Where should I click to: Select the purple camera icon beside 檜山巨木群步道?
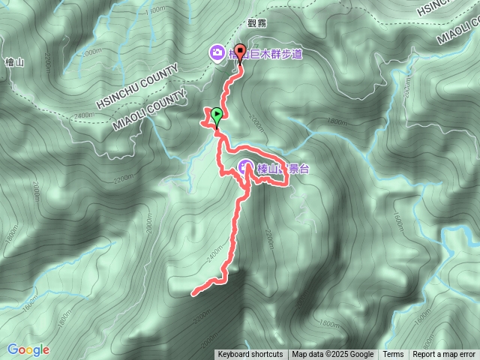coord(216,52)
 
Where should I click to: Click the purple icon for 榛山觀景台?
coord(245,167)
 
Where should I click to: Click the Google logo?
coord(28,349)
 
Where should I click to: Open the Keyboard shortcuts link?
coord(250,355)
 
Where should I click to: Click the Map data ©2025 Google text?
coord(333,355)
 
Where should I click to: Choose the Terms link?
coord(393,355)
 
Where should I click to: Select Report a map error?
coord(445,355)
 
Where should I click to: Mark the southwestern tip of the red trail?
coord(194,293)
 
